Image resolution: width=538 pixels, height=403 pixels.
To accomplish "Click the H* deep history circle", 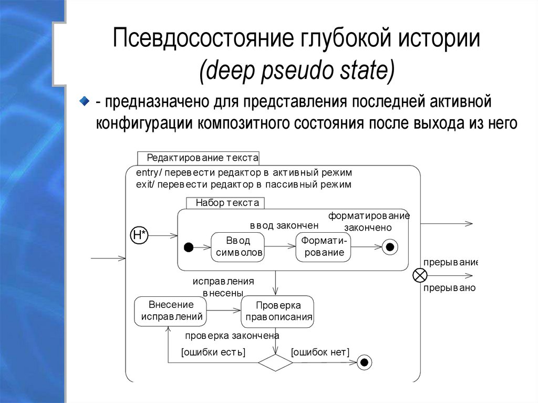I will tap(139, 236).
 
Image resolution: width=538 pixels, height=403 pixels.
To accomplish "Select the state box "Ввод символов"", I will tap(237, 247).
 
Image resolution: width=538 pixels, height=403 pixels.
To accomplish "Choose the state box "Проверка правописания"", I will tap(277, 311).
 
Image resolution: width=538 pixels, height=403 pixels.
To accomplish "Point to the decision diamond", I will tap(275, 362).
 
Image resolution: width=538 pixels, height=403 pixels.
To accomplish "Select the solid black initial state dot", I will tap(189, 247).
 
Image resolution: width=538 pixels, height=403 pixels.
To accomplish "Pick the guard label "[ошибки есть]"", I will tap(213, 352).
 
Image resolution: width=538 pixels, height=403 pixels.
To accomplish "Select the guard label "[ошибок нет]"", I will tap(320, 352).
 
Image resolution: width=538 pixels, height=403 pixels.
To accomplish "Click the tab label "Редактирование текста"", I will tap(202, 158).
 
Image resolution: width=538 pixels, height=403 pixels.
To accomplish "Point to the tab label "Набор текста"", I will tap(227, 203).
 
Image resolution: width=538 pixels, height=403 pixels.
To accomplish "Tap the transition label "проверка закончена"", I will tap(232, 335).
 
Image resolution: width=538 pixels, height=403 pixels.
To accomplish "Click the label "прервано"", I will tap(449, 288).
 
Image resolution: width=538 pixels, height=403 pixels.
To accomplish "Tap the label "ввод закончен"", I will tap(284, 225).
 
